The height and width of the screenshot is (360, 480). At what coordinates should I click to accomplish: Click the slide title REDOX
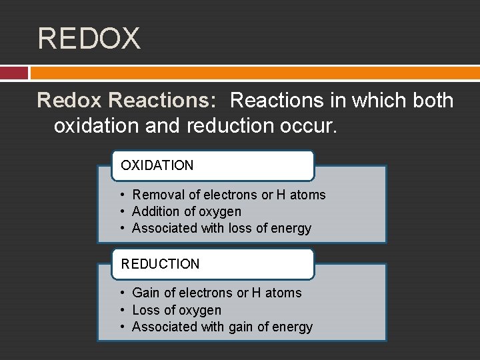click(x=89, y=38)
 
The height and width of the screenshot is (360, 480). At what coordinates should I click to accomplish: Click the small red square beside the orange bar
click(x=13, y=73)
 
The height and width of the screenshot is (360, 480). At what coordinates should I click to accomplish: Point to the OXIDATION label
click(x=157, y=165)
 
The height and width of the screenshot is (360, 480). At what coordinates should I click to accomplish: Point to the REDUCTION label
click(x=160, y=264)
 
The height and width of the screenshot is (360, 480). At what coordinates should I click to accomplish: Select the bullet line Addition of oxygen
click(x=187, y=211)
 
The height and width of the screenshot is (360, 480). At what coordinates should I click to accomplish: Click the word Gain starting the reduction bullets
click(x=145, y=293)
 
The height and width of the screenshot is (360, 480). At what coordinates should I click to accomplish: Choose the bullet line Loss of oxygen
click(x=177, y=310)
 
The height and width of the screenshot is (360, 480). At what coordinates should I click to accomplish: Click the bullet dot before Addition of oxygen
click(x=124, y=211)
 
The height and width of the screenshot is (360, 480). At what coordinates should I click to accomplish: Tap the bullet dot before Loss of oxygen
click(x=124, y=310)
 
